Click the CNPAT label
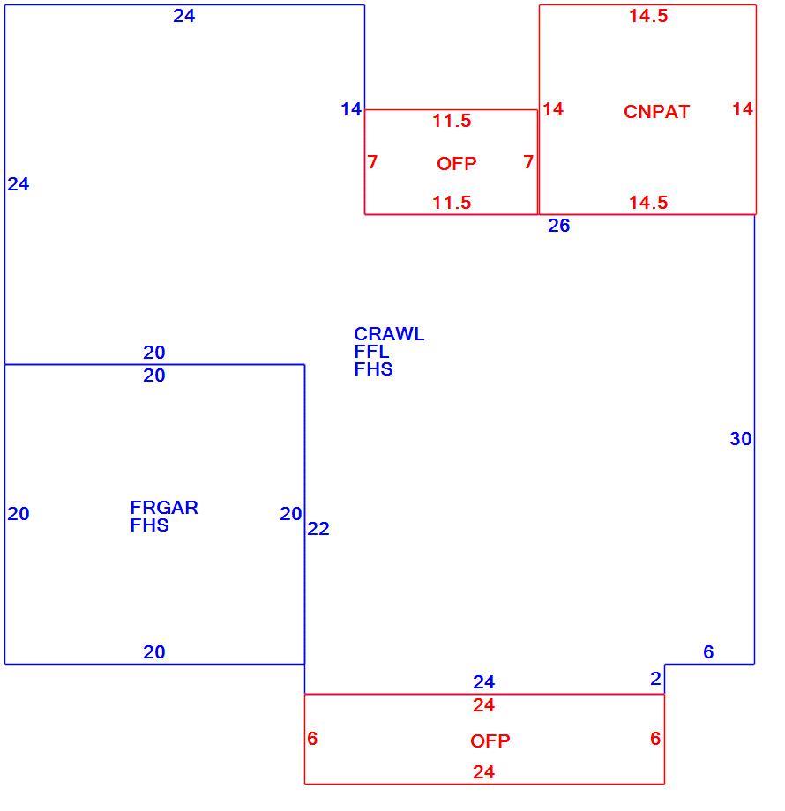(656, 112)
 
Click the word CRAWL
(389, 334)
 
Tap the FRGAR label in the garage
(164, 508)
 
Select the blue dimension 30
(741, 439)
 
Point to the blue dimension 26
(559, 226)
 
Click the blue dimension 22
(318, 529)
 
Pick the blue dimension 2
(655, 679)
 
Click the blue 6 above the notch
(708, 651)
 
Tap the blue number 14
(351, 109)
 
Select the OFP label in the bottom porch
(490, 741)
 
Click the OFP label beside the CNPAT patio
(456, 164)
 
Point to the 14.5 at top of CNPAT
(648, 16)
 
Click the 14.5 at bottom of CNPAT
(648, 202)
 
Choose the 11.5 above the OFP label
(452, 121)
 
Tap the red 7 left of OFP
(372, 162)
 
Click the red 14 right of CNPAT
(743, 109)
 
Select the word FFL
(371, 352)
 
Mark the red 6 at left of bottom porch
(312, 739)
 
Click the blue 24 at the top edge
(184, 16)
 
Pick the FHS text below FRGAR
(150, 525)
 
